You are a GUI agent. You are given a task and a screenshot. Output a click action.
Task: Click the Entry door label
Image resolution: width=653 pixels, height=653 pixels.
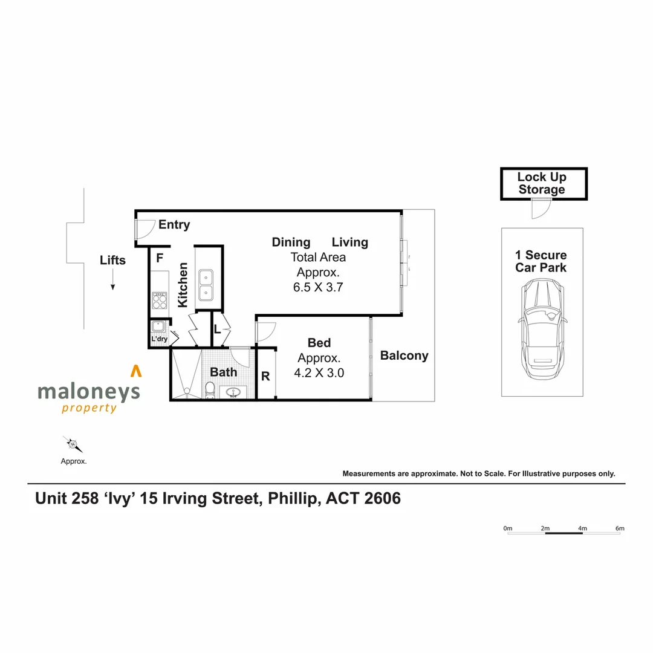click(x=174, y=225)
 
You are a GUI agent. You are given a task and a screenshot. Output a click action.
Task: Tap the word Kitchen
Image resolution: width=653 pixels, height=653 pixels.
click(x=183, y=284)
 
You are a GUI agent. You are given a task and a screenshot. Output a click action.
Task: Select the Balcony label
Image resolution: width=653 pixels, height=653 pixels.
click(x=404, y=356)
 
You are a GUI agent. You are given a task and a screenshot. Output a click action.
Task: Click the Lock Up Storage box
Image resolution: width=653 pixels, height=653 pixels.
click(x=543, y=184)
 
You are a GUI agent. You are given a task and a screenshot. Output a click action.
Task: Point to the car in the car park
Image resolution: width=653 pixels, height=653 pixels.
click(x=542, y=330)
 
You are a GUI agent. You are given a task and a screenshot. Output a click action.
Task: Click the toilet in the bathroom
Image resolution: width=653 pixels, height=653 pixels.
click(x=209, y=389)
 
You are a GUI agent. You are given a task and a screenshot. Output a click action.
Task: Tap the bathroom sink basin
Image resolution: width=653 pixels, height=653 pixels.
click(x=233, y=392)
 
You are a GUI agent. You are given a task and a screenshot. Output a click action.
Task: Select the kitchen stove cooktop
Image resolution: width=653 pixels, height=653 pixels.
click(x=160, y=300)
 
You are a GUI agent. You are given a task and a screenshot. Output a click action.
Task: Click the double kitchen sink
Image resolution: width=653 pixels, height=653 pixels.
click(x=205, y=285)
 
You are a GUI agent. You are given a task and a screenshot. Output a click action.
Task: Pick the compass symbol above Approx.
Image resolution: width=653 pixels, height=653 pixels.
click(x=73, y=445)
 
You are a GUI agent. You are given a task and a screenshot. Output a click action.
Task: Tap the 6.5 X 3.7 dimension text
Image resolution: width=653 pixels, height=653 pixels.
click(x=318, y=288)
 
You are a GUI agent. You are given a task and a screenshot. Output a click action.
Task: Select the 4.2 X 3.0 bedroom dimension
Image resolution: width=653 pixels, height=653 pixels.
click(x=319, y=373)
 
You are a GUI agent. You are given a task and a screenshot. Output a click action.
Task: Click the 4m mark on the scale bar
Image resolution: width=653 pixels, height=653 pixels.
click(x=582, y=528)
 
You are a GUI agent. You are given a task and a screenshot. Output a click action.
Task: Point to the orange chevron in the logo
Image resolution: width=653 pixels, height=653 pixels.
click(x=137, y=371)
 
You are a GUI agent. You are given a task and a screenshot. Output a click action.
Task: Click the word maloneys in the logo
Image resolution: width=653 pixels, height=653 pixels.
click(x=88, y=392)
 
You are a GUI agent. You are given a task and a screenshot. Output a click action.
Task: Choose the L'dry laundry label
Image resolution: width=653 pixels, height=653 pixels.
click(x=159, y=339)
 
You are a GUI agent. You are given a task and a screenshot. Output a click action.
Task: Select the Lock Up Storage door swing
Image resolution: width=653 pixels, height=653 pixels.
click(x=539, y=210)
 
